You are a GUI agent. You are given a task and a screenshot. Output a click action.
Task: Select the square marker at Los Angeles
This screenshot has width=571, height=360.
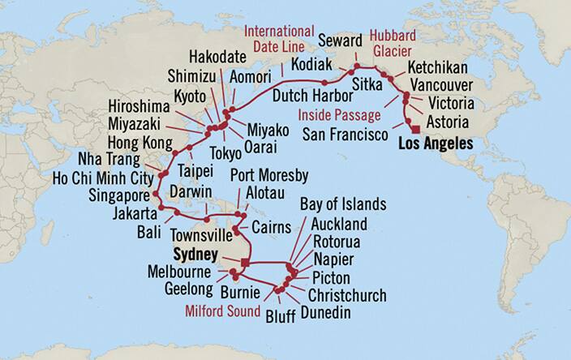[415, 130]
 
